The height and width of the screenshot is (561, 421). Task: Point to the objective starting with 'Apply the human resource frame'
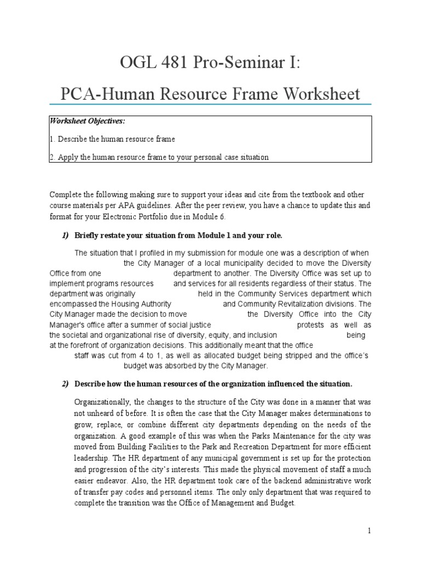click(x=159, y=157)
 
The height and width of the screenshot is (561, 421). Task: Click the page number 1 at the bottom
click(x=370, y=531)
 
